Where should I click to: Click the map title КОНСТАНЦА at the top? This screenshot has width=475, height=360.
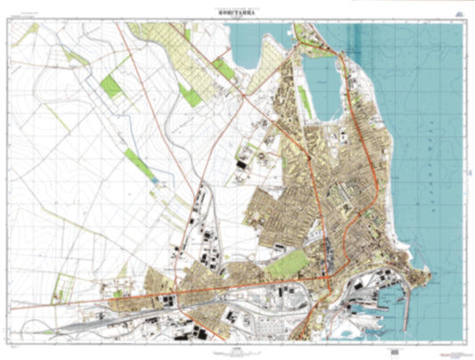click(237, 12)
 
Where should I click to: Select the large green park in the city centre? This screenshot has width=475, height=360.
click(287, 262)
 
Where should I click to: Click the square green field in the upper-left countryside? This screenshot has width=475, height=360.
click(112, 86)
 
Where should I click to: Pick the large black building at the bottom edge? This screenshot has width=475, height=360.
click(201, 336)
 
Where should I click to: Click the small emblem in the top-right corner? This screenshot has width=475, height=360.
click(457, 13)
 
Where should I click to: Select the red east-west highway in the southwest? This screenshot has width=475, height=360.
click(134, 294)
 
